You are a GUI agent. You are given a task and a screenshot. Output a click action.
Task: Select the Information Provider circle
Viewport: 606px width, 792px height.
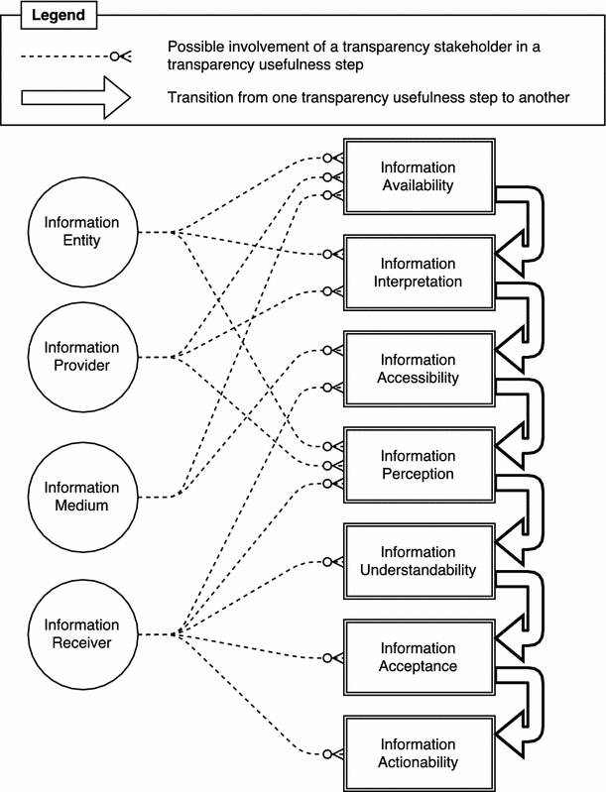pos(80,356)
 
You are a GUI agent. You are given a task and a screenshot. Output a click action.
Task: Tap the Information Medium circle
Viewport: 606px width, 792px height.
pos(80,495)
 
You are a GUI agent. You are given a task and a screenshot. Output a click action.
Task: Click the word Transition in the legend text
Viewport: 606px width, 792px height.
pos(197,97)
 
